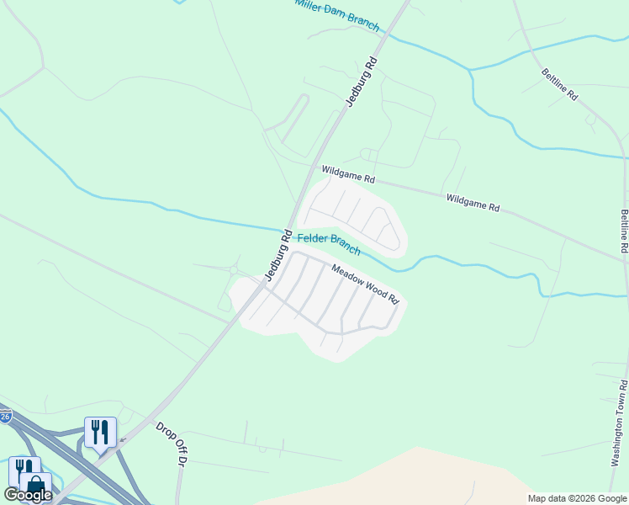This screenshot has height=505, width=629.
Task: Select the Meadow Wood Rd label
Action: pos(364,284)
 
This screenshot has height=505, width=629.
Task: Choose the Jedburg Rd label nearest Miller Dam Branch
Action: pos(362,81)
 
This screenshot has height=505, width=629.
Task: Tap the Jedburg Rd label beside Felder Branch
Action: pos(277,254)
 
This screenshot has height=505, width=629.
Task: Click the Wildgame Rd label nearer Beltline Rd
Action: pos(473,202)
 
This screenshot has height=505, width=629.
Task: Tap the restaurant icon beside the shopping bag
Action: pos(23,468)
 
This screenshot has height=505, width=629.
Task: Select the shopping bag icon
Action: pos(35,486)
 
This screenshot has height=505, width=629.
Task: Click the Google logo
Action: pos(28,495)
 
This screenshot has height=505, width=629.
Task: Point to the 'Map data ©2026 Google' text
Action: pos(577,498)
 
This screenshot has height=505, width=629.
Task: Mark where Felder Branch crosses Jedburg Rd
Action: pos(287,229)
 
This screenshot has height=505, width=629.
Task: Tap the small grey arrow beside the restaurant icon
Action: pos(122,439)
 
